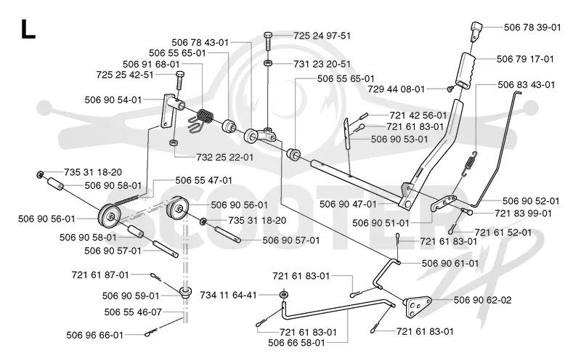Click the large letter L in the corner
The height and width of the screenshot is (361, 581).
point(28,29)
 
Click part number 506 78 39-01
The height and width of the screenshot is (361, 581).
point(532,27)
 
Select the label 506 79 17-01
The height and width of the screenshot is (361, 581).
point(525,59)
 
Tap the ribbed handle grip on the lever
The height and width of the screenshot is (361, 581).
point(466,70)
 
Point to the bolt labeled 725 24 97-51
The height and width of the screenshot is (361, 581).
point(269,41)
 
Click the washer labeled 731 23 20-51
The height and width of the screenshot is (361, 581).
point(269,63)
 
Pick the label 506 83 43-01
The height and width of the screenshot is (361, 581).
point(526,84)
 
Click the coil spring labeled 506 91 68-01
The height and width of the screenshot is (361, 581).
point(202,118)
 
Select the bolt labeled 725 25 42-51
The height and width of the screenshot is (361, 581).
point(179,80)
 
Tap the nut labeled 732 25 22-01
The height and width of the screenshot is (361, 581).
point(173,142)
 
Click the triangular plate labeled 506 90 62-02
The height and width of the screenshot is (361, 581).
point(418,306)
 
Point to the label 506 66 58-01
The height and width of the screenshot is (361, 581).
point(296,342)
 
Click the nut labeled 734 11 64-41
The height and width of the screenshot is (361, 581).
point(284,295)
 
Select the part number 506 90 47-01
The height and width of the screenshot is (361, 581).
point(348,204)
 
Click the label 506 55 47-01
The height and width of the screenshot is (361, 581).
point(204,180)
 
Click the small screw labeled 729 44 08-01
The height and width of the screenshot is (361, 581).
point(450,89)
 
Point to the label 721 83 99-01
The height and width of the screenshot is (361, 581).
point(523,214)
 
